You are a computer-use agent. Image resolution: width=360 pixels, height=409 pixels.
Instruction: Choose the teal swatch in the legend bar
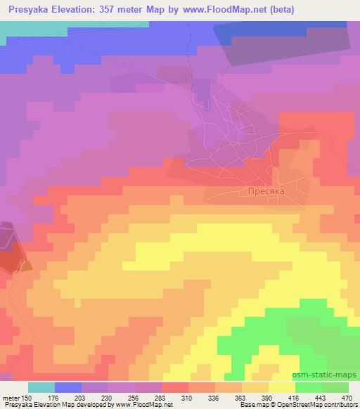click(x=41, y=387)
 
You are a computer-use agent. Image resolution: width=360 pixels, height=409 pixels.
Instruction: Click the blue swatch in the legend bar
click(x=68, y=387)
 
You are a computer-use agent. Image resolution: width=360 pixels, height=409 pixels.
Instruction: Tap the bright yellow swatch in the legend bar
click(x=281, y=387)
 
